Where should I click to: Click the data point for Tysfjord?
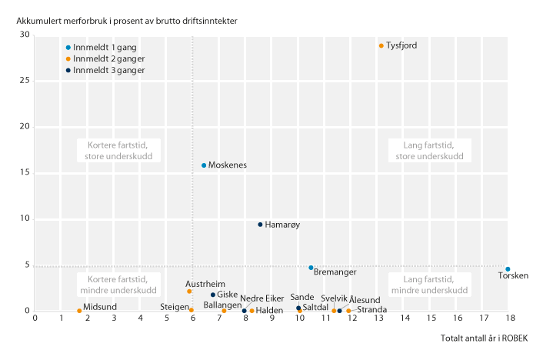tap(381, 46)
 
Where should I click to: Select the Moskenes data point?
tap(204, 165)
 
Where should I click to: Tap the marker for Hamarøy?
tap(260, 225)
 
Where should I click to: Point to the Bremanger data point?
tap(311, 268)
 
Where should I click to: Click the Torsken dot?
tap(508, 269)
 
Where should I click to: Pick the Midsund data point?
tap(79, 311)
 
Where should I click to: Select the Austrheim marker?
tap(189, 292)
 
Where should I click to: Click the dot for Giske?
tap(213, 295)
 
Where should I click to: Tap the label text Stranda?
tap(371, 310)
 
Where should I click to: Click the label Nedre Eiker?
tap(262, 298)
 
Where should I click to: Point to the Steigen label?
tap(174, 308)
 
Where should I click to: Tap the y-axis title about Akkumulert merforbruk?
tap(126, 19)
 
